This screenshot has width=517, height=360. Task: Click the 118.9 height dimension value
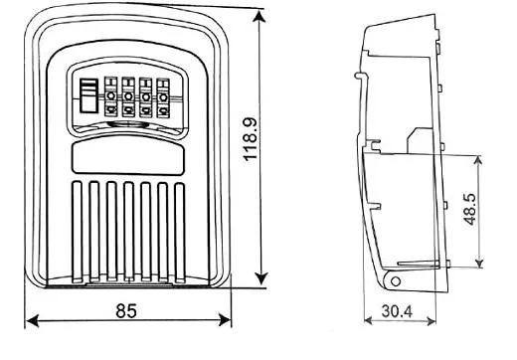coord(251,141)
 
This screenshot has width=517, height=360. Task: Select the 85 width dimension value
coord(126,311)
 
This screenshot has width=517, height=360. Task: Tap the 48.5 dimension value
coord(470,209)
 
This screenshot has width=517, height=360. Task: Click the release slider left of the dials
coord(87,97)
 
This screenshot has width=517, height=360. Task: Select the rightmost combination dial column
coord(162,98)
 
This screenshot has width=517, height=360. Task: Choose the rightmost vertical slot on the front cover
coord(178,227)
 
